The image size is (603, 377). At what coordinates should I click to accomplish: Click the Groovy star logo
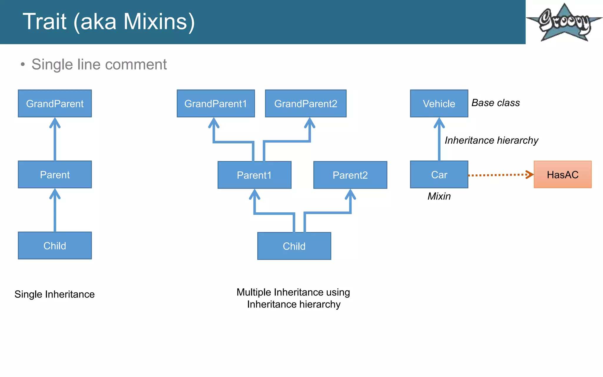coord(564,22)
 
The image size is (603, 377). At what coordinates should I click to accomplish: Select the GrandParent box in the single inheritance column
coord(55,103)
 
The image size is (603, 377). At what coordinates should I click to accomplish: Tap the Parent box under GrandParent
coord(55,174)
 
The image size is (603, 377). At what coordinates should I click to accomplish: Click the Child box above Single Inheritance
coord(55,245)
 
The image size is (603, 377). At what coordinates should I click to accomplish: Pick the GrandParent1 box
coord(216,103)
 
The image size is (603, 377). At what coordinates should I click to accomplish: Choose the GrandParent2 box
coord(306,103)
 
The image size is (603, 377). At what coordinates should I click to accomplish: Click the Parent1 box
coord(254,175)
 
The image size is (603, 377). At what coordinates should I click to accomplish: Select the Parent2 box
coord(350,175)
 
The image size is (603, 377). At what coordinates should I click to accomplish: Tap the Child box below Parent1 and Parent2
coord(294,246)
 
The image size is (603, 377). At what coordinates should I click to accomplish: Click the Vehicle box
coord(439,103)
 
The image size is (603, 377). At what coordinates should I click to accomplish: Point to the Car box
coord(439,174)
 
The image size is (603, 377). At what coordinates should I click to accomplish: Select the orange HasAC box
coord(562,174)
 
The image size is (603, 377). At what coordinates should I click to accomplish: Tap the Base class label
coord(496,103)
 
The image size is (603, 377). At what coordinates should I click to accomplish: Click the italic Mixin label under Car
coord(439,196)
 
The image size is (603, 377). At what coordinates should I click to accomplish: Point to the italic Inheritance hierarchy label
coord(491,140)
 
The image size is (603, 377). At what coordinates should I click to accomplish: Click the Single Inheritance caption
coord(54,294)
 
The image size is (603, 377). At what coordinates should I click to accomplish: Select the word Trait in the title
coord(44,22)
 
